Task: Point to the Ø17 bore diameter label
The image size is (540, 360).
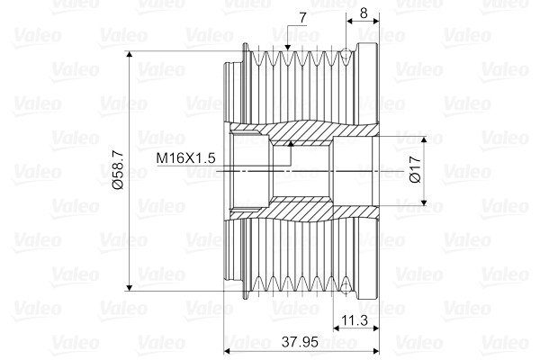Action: point(415,171)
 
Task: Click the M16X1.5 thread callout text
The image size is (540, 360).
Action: point(185,158)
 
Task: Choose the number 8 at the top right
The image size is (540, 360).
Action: point(362,13)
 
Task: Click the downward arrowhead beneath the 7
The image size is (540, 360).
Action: point(287,47)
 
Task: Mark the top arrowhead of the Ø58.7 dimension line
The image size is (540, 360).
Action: point(132,58)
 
